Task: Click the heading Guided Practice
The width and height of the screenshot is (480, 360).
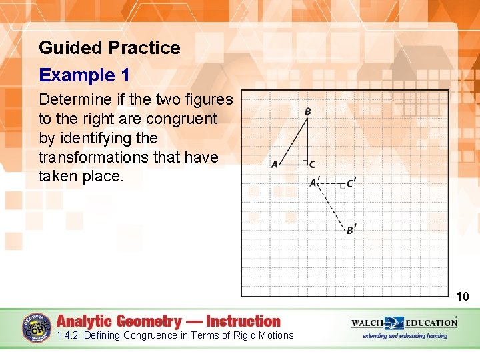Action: point(109,48)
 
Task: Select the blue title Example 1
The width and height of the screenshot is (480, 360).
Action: point(84,75)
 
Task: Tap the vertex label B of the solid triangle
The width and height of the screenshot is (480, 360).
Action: point(307,111)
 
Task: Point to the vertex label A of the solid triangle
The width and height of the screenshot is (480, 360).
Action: point(274,165)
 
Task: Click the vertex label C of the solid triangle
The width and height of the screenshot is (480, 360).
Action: point(312,165)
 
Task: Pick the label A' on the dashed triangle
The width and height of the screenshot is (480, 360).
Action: point(314,183)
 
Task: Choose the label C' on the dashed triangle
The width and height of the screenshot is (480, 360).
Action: point(351,183)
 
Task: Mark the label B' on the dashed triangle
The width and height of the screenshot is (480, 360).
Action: point(351,230)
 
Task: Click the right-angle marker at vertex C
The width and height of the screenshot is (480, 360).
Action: point(303,162)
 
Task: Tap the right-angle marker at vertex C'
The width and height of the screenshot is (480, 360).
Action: point(341,185)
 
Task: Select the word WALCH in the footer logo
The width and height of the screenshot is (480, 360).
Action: point(367,323)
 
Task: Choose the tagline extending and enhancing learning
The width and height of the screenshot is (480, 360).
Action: point(404,336)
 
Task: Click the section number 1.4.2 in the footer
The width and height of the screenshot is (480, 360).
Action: point(68,335)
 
